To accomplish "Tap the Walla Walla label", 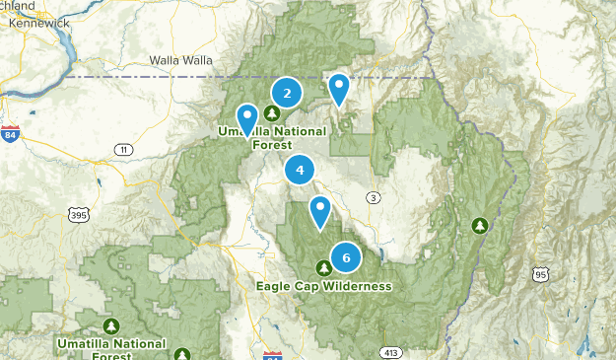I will point(180,60).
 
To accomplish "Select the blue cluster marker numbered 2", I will point(287,94).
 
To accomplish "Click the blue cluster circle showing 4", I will point(300,171).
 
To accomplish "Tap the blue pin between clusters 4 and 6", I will point(320,211).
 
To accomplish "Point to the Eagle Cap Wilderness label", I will point(323,286).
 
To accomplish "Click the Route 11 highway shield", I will point(123,149).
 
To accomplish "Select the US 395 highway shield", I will point(78,213).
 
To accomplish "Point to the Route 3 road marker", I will point(373,198).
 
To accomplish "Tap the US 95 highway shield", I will point(538,273).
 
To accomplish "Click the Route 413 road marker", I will point(392,351).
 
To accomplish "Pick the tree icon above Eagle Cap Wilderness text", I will point(323,267).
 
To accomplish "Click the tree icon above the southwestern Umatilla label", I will point(111,324).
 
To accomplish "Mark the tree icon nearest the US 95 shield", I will point(480,225).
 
